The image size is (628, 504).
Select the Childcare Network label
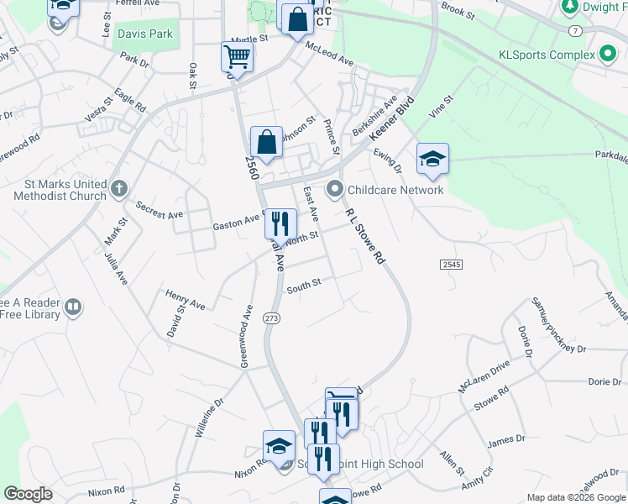coord(395,190)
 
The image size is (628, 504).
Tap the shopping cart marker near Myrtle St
coord(238,58)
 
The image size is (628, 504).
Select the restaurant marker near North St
coord(280,224)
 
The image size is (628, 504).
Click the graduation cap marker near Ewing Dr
coord(432,159)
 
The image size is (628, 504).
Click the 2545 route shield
coord(451,265)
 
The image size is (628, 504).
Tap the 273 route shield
coord(271,318)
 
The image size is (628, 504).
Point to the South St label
coord(304,286)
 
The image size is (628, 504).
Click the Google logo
coord(28,494)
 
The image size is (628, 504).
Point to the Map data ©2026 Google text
coord(575,497)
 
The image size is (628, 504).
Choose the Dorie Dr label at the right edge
coord(604,382)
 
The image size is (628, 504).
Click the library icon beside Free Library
coord(73,308)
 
